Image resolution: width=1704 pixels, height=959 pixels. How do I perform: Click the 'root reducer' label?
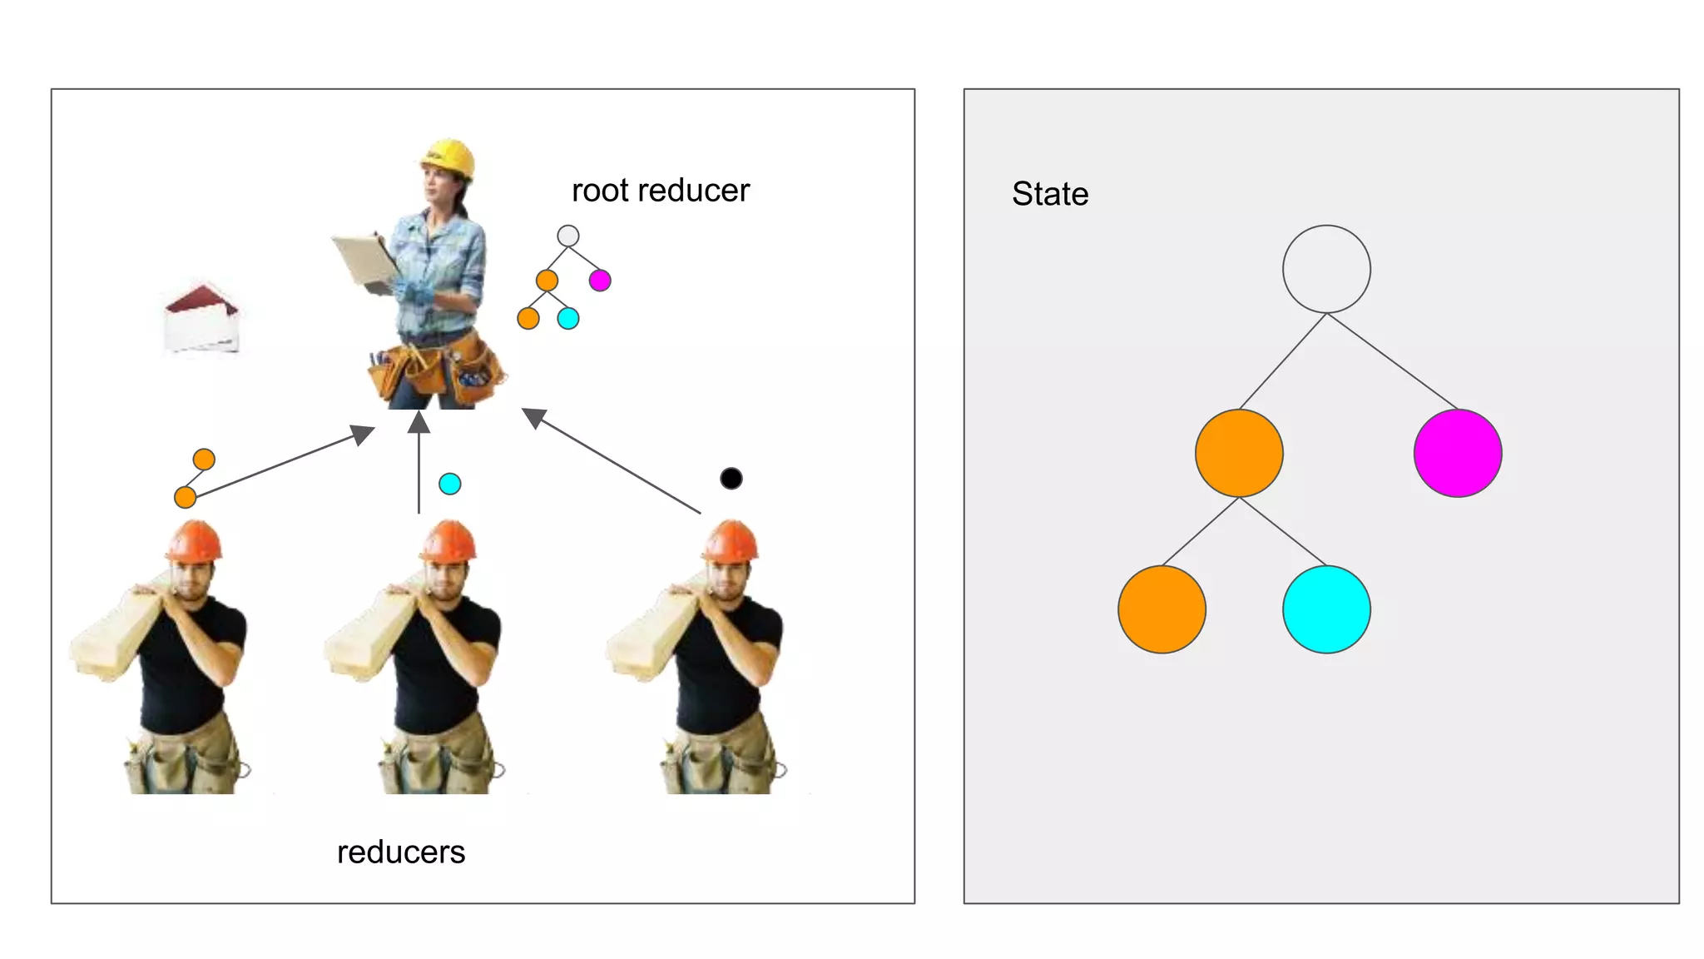pyautogui.click(x=661, y=191)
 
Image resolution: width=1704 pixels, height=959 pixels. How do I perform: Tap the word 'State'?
pyautogui.click(x=1050, y=194)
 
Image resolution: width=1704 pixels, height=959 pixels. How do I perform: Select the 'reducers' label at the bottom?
pyautogui.click(x=401, y=852)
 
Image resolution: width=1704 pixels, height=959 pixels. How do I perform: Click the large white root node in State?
pyautogui.click(x=1326, y=269)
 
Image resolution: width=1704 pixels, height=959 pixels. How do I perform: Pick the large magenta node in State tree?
pyautogui.click(x=1458, y=453)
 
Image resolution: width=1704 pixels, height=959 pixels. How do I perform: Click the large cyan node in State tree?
pyautogui.click(x=1326, y=609)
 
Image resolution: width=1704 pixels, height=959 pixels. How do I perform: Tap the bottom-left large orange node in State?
pyautogui.click(x=1162, y=609)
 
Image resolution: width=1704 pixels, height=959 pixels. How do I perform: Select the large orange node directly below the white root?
pyautogui.click(x=1239, y=453)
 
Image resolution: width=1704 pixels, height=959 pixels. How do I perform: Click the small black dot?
pyautogui.click(x=731, y=478)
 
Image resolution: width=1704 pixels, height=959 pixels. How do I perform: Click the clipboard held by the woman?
pyautogui.click(x=364, y=258)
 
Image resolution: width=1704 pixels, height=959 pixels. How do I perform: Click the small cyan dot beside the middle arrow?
pyautogui.click(x=449, y=484)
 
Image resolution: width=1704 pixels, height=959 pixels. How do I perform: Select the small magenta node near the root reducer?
pyautogui.click(x=600, y=281)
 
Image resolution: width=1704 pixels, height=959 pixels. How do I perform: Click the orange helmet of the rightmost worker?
pyautogui.click(x=731, y=540)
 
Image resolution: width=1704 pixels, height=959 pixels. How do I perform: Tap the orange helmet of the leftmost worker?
pyautogui.click(x=194, y=540)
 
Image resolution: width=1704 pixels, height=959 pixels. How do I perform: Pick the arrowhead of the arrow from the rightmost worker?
pyautogui.click(x=532, y=416)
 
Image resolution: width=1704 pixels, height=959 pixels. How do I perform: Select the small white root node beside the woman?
pyautogui.click(x=568, y=236)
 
